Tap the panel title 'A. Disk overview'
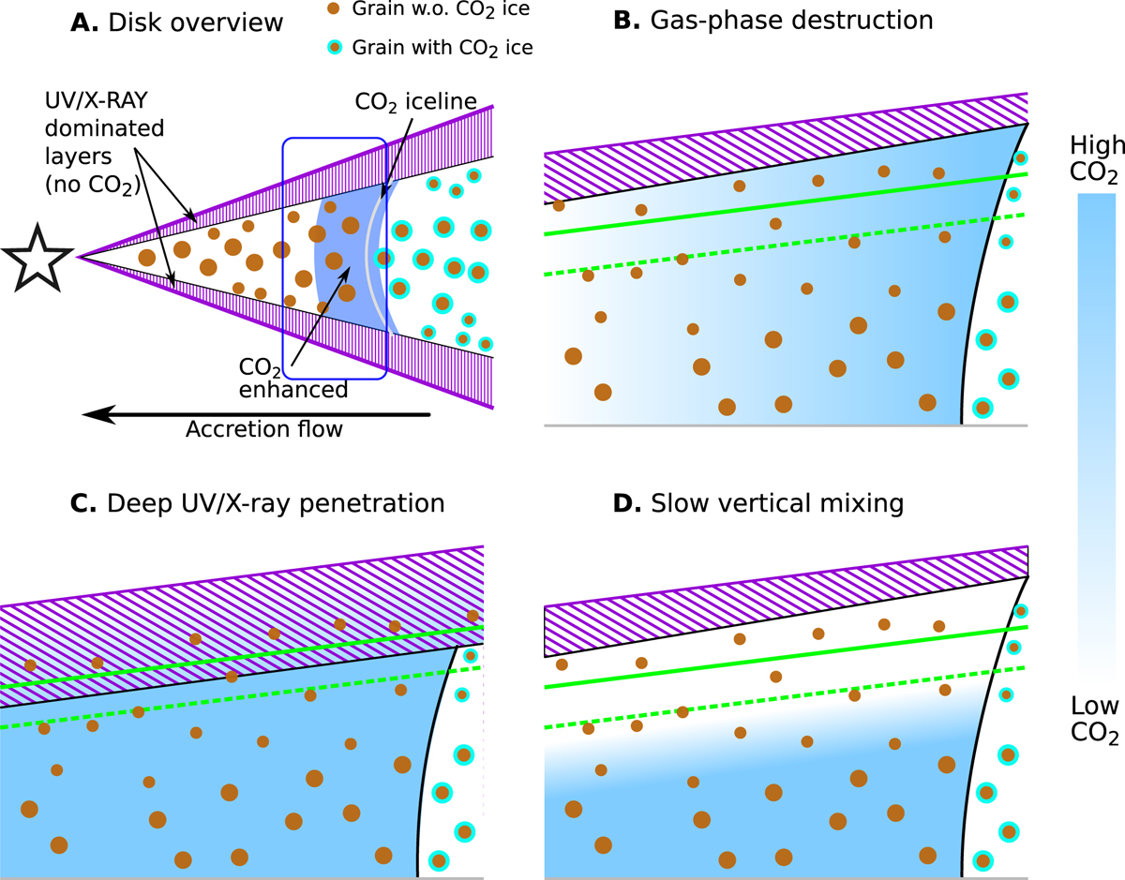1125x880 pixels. point(177,22)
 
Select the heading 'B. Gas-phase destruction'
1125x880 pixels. point(772,22)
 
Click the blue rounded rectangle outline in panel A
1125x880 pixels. point(284,262)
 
